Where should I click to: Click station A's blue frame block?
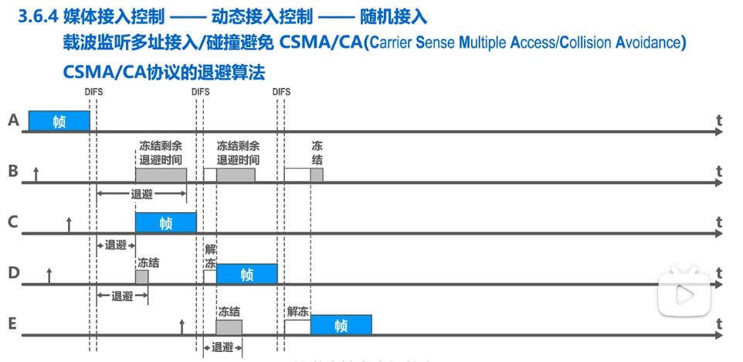coord(59,121)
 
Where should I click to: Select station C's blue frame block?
coord(165,223)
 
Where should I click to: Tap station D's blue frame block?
coord(246,274)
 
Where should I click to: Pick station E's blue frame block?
coord(341,325)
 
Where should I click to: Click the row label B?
coord(12,171)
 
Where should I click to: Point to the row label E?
coord(12,323)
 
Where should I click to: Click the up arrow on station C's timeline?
coord(69,225)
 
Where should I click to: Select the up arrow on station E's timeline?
coord(182,326)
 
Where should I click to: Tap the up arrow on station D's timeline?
coord(49,276)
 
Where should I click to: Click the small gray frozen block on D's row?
coord(141,276)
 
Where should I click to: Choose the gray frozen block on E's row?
coord(229,327)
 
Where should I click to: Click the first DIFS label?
coord(93,92)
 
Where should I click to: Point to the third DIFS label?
coord(281,92)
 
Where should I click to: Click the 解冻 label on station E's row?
coord(297,311)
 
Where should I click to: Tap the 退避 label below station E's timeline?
coord(222,348)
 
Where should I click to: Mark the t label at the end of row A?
coord(718,120)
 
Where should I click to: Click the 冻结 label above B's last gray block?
coord(317,152)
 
